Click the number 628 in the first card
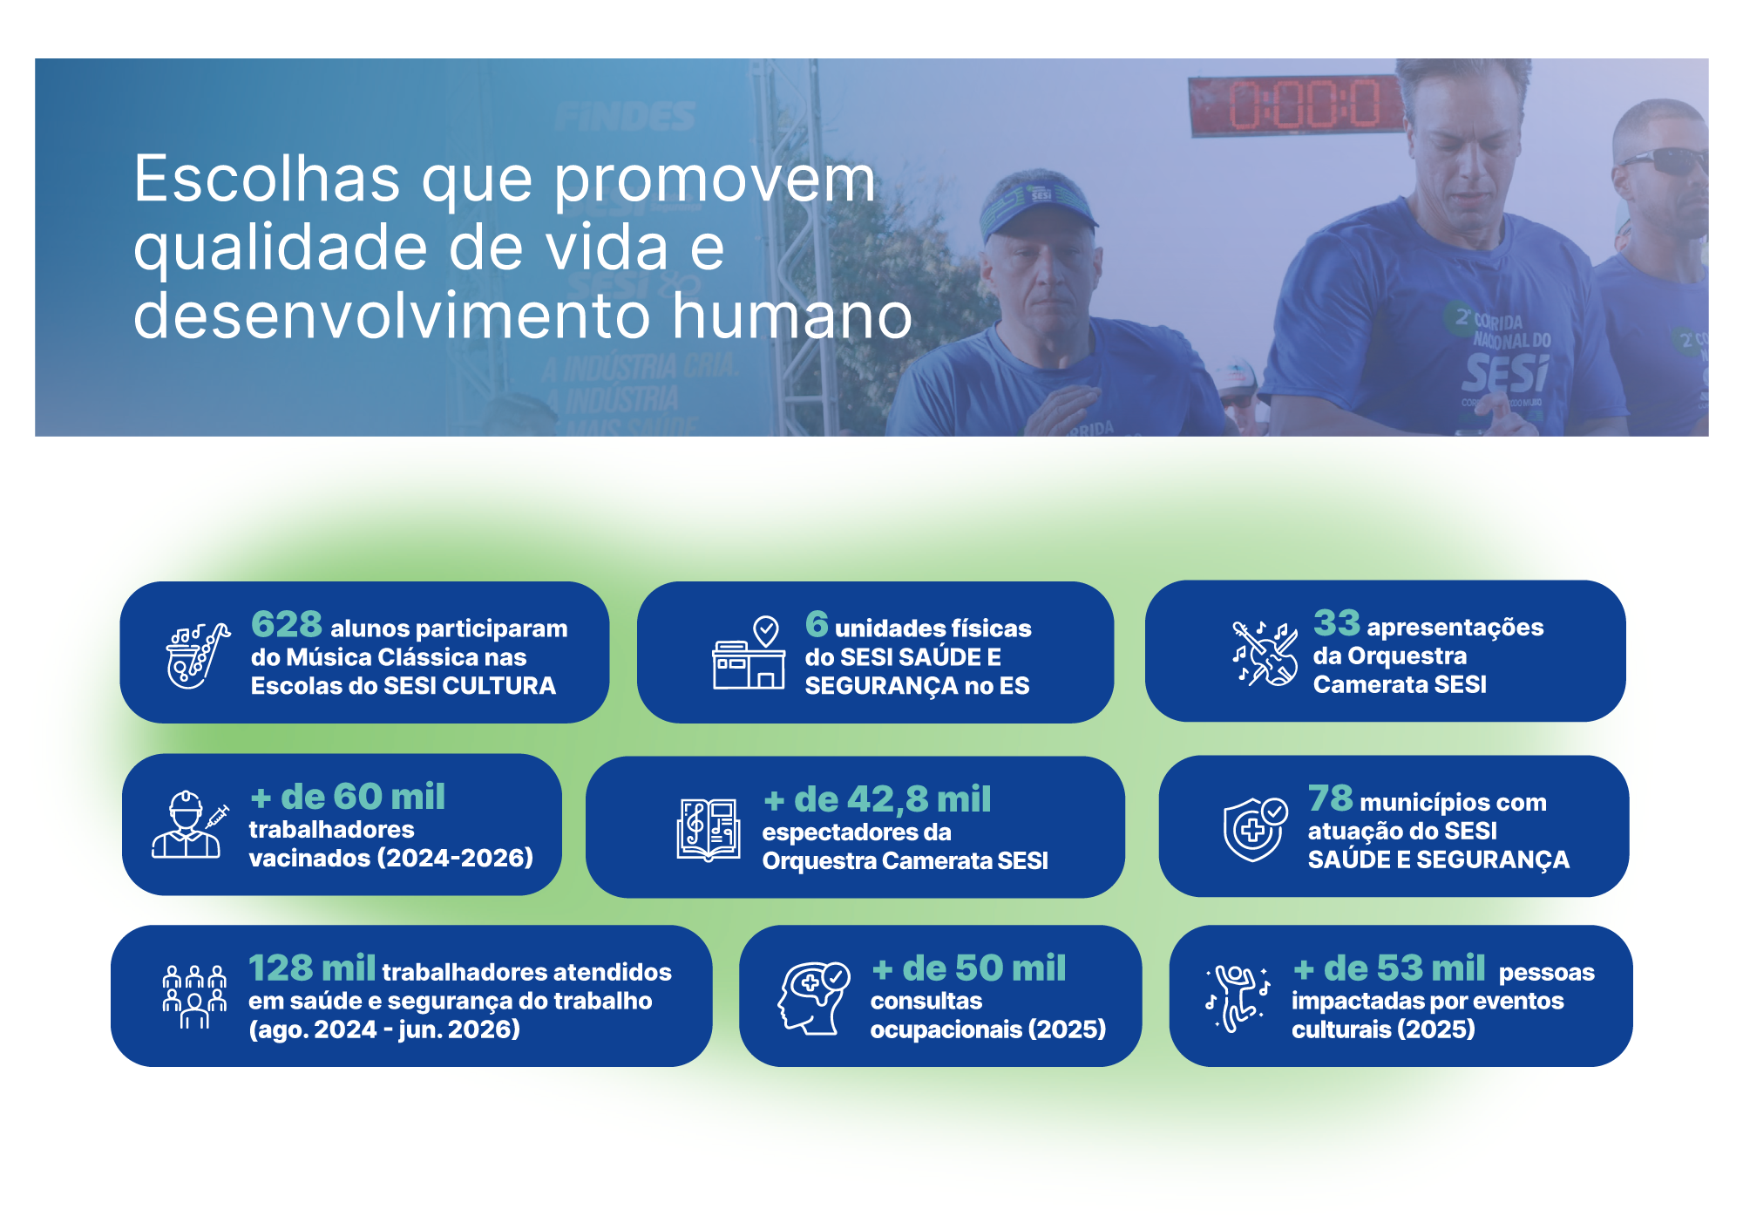coord(287,624)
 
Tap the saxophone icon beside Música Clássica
coord(199,656)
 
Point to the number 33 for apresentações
coord(1337,622)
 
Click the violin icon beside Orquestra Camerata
coord(1265,654)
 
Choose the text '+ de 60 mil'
coord(348,797)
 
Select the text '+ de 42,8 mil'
coord(878,799)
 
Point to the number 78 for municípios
coord(1331,798)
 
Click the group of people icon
coord(194,997)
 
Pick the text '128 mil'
coord(312,968)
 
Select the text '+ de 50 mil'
coord(969,968)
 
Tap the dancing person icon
coord(1238,998)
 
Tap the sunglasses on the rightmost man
coord(1665,161)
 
